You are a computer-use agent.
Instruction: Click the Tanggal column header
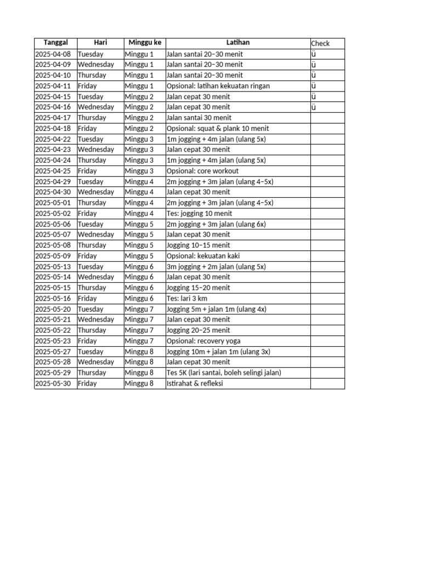[x=55, y=43]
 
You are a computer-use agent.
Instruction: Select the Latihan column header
[x=237, y=43]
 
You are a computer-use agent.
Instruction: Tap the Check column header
[x=321, y=43]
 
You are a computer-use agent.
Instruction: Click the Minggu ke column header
[x=145, y=43]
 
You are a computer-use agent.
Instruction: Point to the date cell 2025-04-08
[x=53, y=54]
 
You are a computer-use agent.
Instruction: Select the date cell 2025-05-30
[x=53, y=383]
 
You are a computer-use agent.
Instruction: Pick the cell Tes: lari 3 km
[x=187, y=299]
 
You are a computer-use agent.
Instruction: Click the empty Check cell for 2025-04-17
[x=327, y=118]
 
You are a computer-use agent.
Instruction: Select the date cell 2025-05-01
[x=53, y=203]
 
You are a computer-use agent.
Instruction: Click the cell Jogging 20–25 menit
[x=198, y=330]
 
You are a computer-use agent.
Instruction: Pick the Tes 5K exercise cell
[x=224, y=373]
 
